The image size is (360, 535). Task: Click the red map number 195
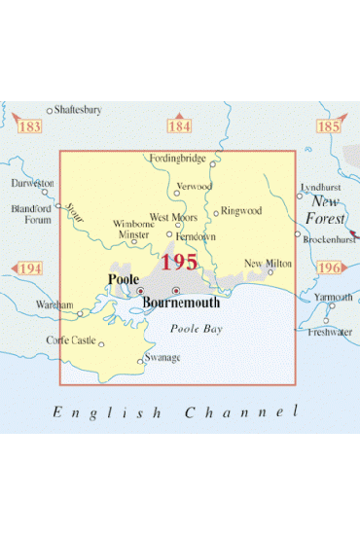[x=180, y=262]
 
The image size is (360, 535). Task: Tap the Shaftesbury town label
[x=79, y=110]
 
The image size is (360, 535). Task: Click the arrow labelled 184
[x=179, y=126]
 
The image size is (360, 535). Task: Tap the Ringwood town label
[x=242, y=210]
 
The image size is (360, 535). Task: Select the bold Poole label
[x=122, y=280]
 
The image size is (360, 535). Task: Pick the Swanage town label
[x=162, y=359]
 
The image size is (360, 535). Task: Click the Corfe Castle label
[x=71, y=340]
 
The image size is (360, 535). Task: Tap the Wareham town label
[x=54, y=304]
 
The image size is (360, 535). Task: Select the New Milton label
[x=267, y=263]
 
